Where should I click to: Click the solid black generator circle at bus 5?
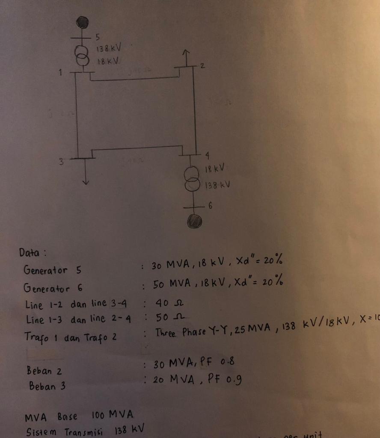(82, 22)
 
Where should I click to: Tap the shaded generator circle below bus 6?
(194, 221)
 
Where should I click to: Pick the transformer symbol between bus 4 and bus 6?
(192, 178)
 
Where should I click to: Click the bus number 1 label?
(61, 73)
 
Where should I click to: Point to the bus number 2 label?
(202, 66)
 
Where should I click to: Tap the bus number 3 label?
(61, 162)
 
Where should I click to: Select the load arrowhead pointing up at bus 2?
(185, 53)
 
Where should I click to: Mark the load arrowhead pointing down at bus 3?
(86, 181)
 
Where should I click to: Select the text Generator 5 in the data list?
(52, 270)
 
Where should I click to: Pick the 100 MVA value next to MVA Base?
(113, 415)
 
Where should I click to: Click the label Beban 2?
(45, 370)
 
